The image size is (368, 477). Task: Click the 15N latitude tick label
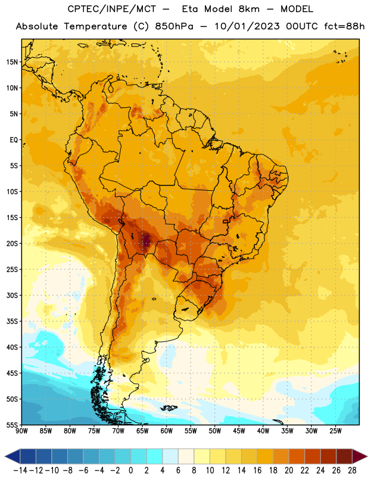[12, 62]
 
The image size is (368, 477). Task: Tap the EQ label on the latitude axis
[14, 140]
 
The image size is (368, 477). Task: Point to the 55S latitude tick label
[12, 425]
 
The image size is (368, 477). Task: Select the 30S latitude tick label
[12, 295]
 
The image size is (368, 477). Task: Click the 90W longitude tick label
[21, 431]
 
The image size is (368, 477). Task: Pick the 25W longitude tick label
[335, 431]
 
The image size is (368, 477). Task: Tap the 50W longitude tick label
[215, 431]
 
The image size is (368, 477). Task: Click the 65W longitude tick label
[142, 431]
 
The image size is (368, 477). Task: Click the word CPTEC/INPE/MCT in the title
[111, 9]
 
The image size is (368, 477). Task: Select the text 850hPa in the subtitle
[174, 26]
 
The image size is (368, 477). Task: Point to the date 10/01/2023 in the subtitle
[247, 26]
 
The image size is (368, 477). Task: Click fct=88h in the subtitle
[344, 26]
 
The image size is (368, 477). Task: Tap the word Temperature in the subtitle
[95, 26]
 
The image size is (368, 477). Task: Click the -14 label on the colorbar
[20, 470]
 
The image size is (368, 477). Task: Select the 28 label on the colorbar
[352, 470]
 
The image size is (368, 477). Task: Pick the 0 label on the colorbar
[130, 470]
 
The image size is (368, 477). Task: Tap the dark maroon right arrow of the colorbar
[359, 456]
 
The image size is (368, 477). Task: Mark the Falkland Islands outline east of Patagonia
[169, 408]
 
